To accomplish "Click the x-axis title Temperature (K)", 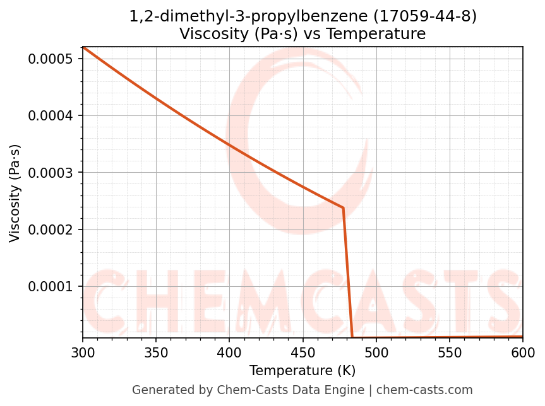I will pos(302,371).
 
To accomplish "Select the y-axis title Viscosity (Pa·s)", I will pos(15,193).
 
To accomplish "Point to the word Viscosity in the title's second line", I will pos(213,34).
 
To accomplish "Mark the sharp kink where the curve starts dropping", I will pos(343,207).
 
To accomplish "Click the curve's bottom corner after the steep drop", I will pos(352,337).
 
